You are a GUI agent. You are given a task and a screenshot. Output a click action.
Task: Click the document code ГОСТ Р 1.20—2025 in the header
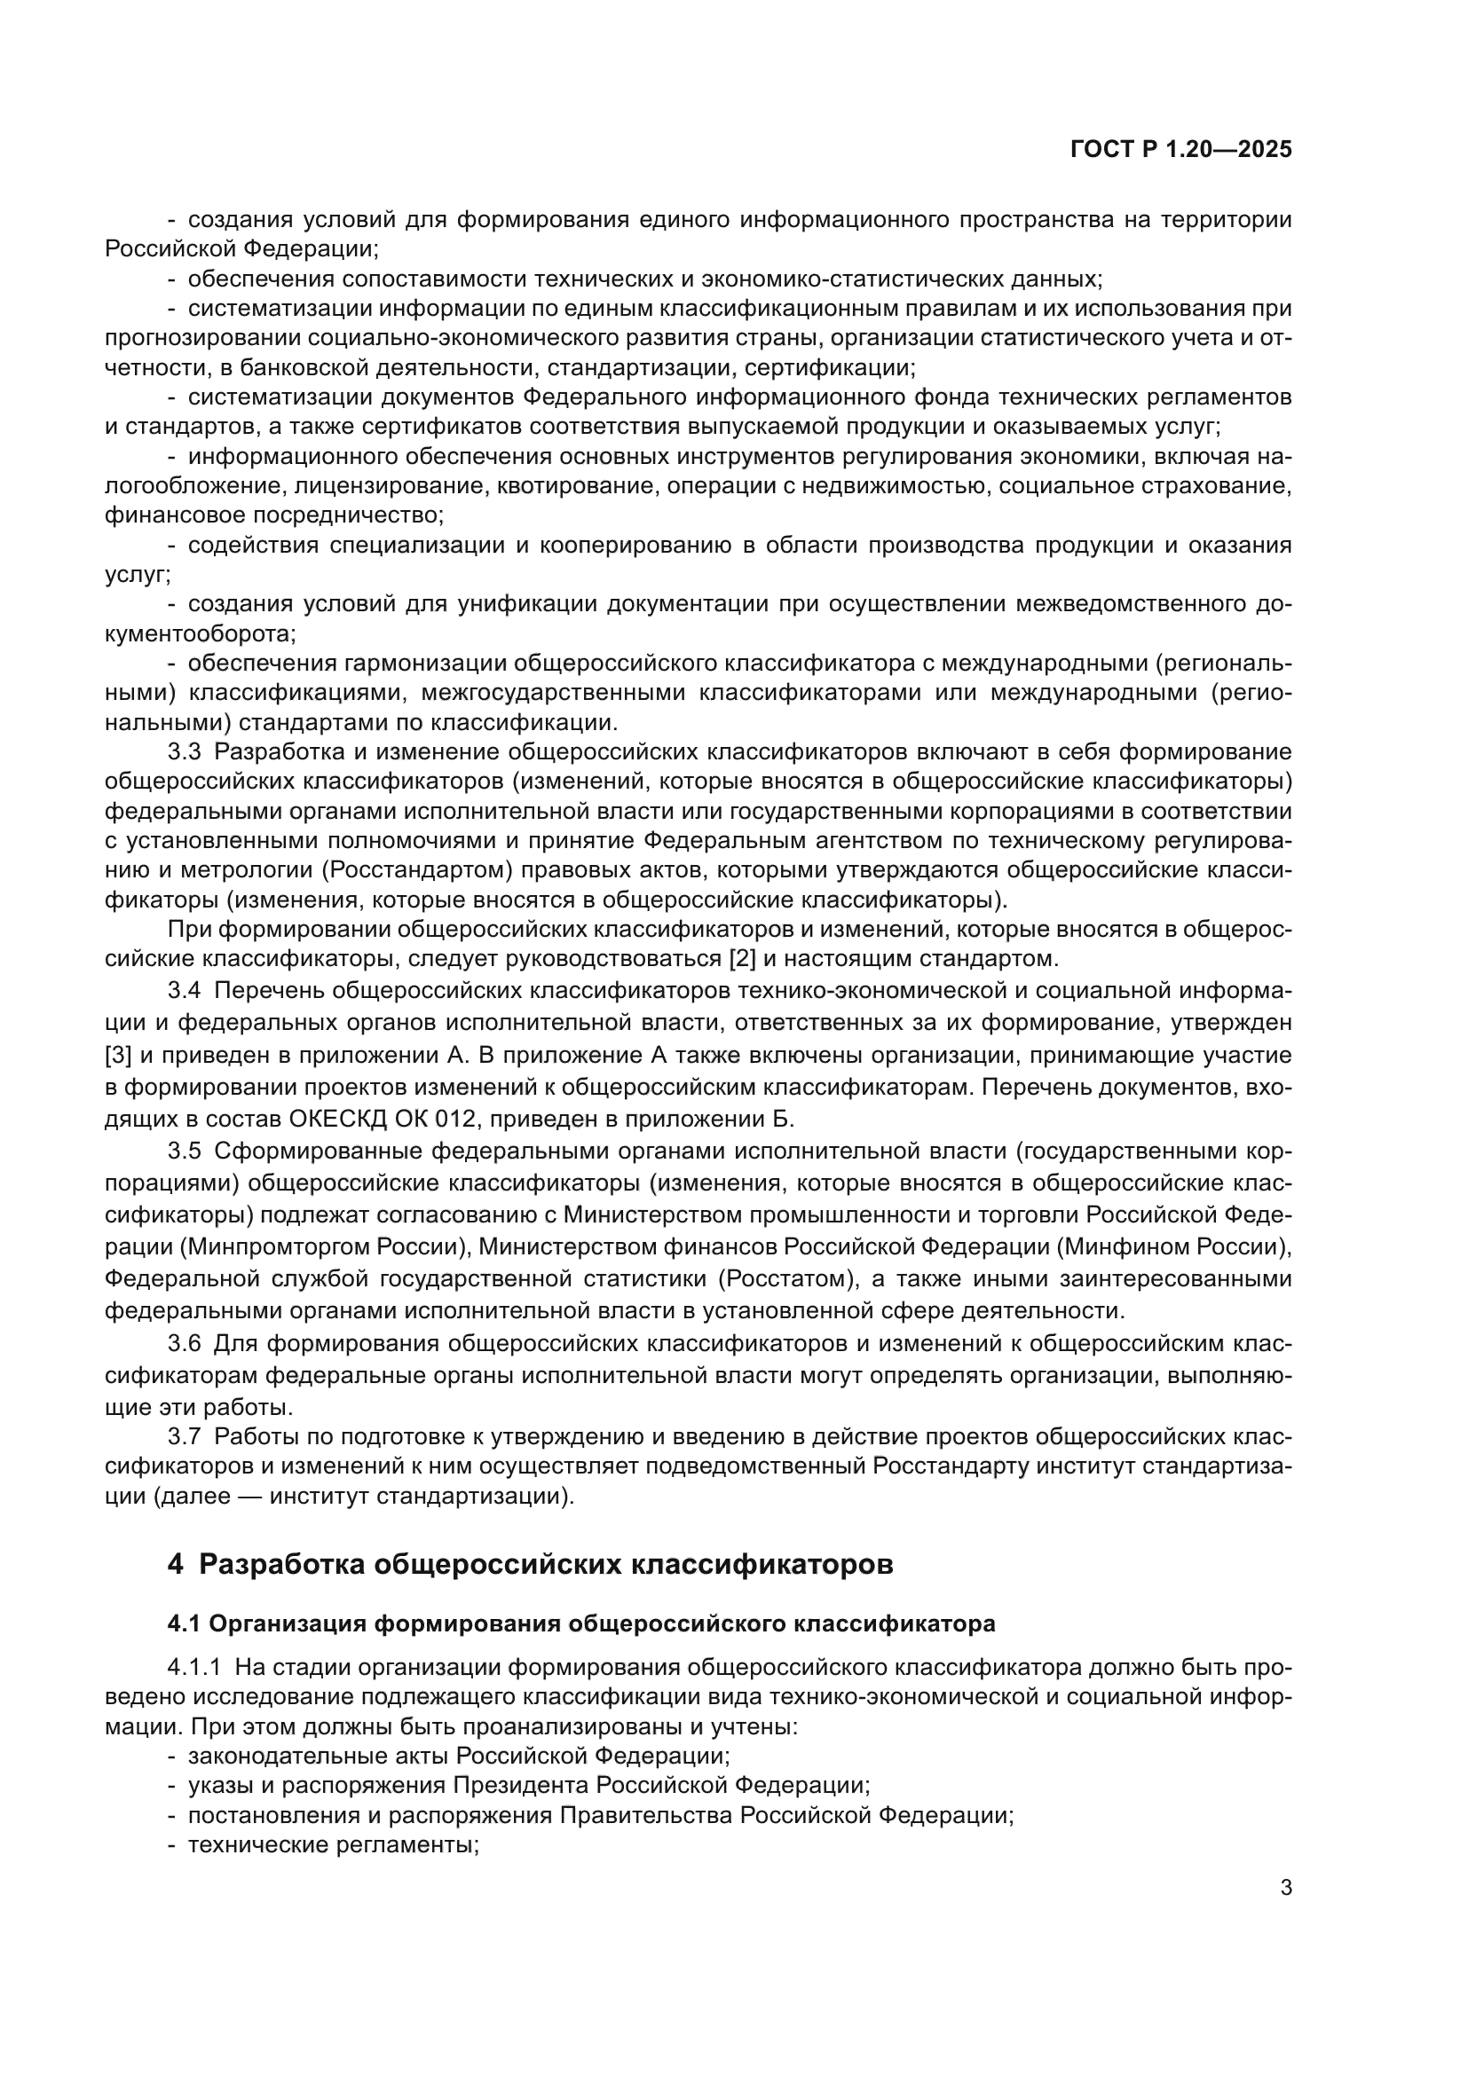coord(1180,149)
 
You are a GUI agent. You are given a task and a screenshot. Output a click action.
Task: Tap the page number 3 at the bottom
coord(1286,1888)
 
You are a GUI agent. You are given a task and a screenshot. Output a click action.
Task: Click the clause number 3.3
coord(185,752)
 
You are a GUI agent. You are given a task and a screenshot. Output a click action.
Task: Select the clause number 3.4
coord(185,992)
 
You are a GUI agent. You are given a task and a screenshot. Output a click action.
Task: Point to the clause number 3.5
coord(185,1151)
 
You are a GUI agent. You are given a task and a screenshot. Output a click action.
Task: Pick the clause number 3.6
coord(185,1343)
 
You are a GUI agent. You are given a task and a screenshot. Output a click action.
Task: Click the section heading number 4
coord(176,1564)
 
